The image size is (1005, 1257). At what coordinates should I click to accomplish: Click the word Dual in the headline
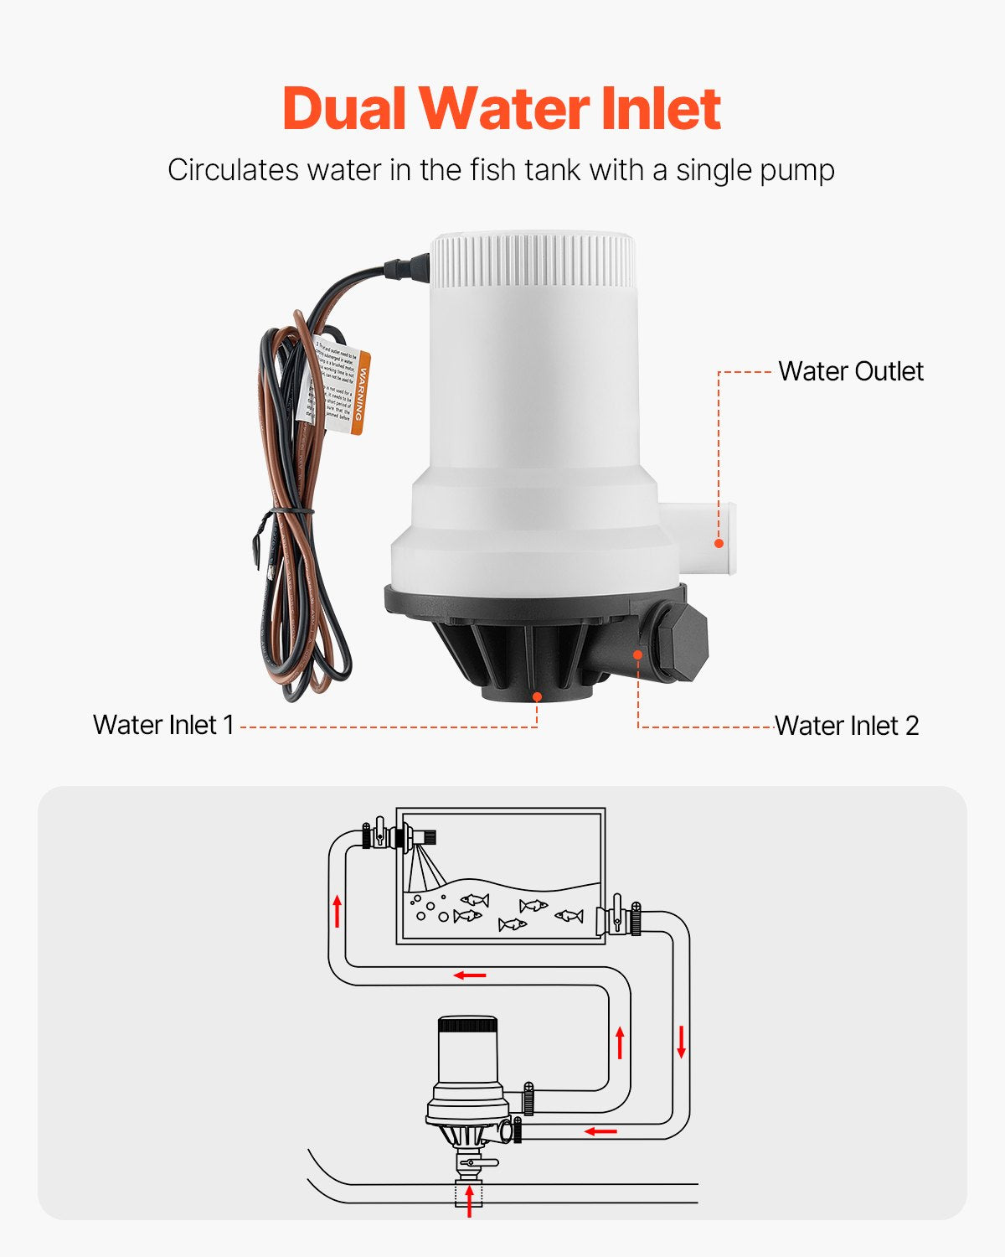click(x=344, y=109)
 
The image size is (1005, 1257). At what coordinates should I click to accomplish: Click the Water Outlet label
click(x=850, y=371)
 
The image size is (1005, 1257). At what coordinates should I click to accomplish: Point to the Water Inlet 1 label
click(x=163, y=725)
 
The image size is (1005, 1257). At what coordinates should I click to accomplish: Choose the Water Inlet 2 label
click(x=846, y=726)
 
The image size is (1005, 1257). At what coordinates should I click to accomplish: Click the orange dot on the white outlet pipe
click(x=719, y=543)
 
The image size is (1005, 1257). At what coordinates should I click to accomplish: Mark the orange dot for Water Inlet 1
click(x=537, y=696)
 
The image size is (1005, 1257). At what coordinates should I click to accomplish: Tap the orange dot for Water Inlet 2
click(x=638, y=654)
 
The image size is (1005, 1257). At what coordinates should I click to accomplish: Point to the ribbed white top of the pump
click(x=533, y=260)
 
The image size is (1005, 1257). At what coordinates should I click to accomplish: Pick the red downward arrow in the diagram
click(x=682, y=1041)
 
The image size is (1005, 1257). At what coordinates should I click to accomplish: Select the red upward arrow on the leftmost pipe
click(x=338, y=911)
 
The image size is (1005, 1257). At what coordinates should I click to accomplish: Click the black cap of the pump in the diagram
click(x=467, y=1025)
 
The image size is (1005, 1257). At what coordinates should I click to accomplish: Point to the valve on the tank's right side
click(x=618, y=919)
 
